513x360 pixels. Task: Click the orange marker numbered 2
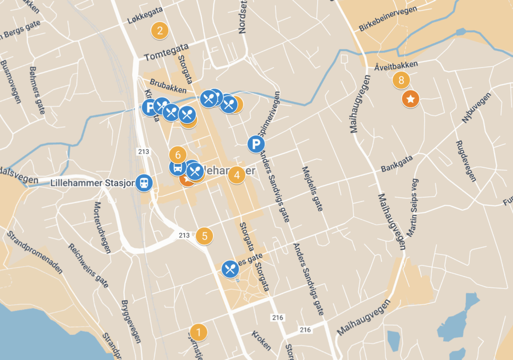159,31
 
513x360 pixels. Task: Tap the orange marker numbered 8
401,80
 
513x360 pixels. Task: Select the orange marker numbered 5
204,235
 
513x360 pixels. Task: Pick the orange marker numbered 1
198,332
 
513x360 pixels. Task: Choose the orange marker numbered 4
236,175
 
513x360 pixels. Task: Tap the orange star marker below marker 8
410,99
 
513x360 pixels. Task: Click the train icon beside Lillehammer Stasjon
144,183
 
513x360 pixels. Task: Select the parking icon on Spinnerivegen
256,145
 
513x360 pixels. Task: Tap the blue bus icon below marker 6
177,168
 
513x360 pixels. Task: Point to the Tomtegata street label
166,52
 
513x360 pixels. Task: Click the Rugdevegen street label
465,161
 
